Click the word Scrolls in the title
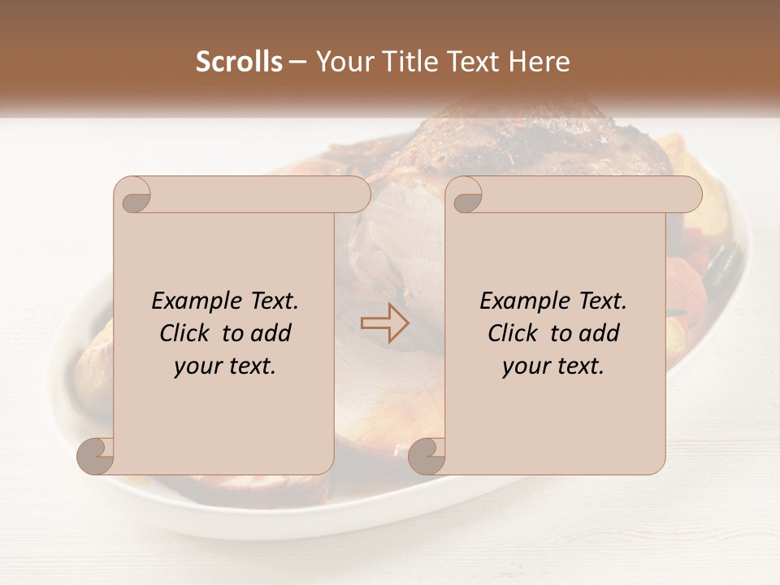[x=240, y=62]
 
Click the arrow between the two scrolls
[x=384, y=323]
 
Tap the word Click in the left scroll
[x=186, y=333]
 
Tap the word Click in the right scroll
[x=514, y=333]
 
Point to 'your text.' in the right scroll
[x=553, y=366]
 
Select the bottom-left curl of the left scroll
[x=96, y=455]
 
